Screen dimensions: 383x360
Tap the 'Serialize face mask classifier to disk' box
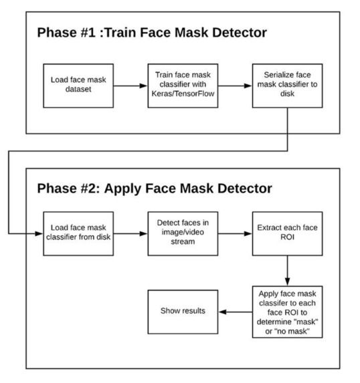[x=282, y=86]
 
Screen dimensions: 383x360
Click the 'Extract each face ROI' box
[x=282, y=233]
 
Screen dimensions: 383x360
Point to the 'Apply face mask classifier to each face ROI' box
[x=286, y=311]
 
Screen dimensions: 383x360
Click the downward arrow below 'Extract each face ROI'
[x=286, y=270]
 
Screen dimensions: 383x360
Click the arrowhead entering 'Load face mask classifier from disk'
[x=38, y=233]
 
